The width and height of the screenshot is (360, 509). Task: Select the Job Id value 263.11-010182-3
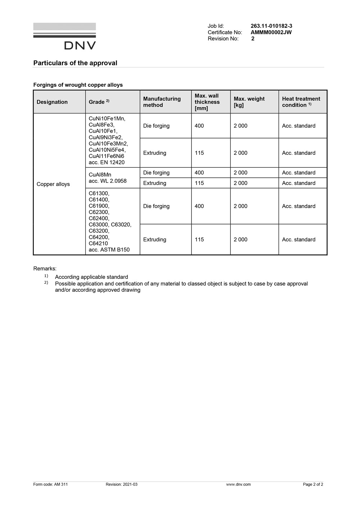click(x=271, y=26)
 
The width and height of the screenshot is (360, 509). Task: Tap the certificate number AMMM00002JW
click(x=271, y=32)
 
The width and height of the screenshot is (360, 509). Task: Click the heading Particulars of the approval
click(x=75, y=63)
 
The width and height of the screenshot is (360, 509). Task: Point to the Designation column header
click(x=52, y=102)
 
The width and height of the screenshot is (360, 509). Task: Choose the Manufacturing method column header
click(x=162, y=102)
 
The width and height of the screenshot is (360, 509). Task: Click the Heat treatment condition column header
click(x=301, y=102)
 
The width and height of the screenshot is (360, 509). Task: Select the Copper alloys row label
click(x=53, y=184)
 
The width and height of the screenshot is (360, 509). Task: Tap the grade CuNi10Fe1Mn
click(x=107, y=118)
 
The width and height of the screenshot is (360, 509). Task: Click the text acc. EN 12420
click(x=107, y=163)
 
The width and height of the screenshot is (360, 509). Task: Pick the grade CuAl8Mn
click(x=100, y=175)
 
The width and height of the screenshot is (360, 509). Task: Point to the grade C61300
click(x=99, y=194)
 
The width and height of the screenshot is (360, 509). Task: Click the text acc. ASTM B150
click(x=109, y=250)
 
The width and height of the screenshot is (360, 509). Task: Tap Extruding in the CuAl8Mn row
click(x=154, y=183)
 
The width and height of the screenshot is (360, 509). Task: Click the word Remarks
click(x=45, y=269)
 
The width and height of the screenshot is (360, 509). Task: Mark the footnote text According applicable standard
click(x=91, y=277)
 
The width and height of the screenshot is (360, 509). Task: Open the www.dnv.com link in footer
click(x=238, y=485)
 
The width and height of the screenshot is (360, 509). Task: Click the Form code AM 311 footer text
click(x=50, y=485)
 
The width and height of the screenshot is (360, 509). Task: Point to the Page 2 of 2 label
click(x=313, y=485)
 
